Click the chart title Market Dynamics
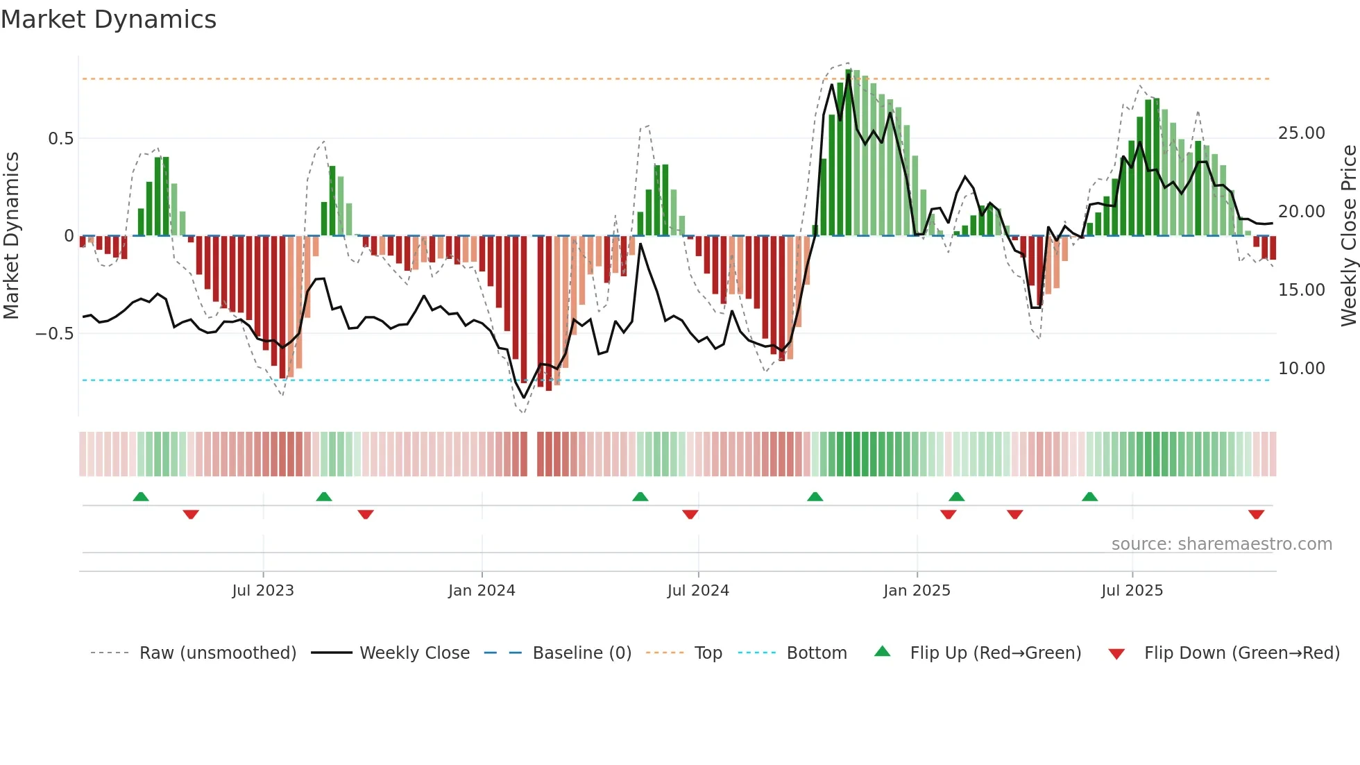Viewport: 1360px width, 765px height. [109, 19]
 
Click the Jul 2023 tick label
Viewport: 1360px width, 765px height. [263, 590]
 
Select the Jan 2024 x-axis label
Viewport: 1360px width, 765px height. [482, 590]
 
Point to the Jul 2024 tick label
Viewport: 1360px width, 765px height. [698, 590]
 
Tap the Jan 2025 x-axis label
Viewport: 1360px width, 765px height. [917, 590]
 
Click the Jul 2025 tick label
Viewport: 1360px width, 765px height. [1132, 590]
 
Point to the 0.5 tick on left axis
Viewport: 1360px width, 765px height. [61, 138]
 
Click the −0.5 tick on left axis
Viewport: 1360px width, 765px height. [56, 333]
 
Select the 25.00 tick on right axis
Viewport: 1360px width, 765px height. [1301, 133]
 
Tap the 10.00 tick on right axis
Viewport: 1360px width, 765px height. [1301, 368]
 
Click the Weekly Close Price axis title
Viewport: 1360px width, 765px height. [1348, 235]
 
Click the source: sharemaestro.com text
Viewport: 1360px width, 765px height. [1221, 544]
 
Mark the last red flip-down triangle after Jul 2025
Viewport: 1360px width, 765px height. [1256, 514]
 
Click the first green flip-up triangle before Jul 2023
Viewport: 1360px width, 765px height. [141, 496]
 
